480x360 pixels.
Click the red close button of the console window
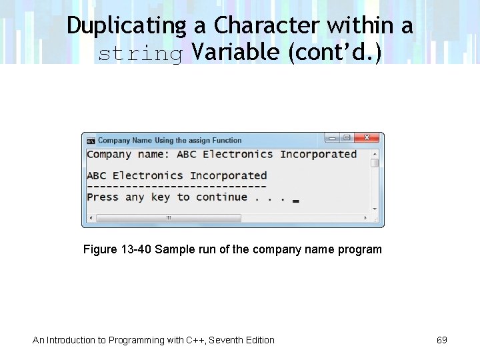(368, 138)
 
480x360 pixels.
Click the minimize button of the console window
(332, 138)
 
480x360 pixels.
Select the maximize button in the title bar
(347, 138)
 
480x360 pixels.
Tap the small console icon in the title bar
(91, 141)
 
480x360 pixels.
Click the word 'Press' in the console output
(103, 197)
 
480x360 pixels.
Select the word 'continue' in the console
(222, 197)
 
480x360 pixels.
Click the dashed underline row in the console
(177, 187)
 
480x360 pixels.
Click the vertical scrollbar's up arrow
(375, 153)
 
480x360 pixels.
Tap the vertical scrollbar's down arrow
(375, 209)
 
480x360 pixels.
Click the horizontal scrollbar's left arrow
(91, 218)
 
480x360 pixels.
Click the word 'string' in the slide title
(140, 54)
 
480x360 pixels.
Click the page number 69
(441, 340)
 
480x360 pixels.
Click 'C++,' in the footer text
(197, 340)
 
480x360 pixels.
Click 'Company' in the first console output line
(109, 155)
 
